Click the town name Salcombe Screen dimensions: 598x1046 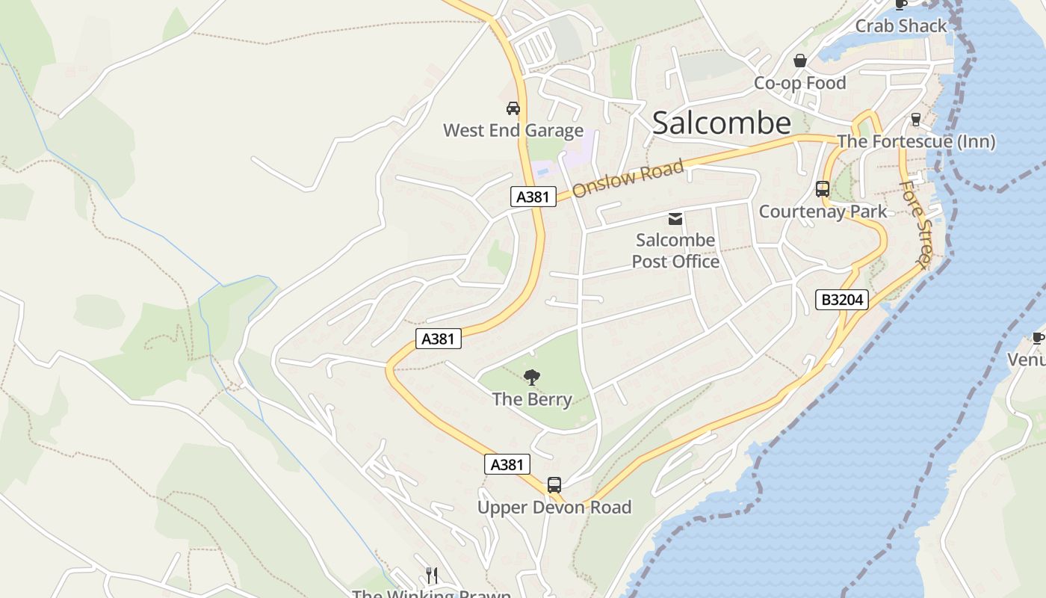pos(721,123)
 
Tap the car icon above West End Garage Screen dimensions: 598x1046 pos(513,108)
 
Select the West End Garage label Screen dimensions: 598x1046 pos(513,131)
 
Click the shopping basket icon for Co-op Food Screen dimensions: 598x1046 pos(800,61)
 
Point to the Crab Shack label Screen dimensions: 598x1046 pos(900,26)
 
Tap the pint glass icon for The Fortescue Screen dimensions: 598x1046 pos(915,120)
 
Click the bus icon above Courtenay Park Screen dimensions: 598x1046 pos(823,189)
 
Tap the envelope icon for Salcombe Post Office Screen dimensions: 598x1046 pos(675,219)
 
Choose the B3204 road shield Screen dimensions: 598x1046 pos(842,300)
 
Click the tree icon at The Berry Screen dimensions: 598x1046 pos(532,377)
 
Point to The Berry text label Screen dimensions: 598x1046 pos(532,399)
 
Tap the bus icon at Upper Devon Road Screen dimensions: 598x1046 pos(554,485)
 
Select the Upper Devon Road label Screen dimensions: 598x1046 pos(554,508)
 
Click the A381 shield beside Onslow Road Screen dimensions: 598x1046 pos(533,197)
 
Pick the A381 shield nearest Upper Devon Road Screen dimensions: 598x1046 pos(507,464)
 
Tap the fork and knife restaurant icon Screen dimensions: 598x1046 pos(431,575)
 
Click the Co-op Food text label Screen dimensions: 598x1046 pos(799,83)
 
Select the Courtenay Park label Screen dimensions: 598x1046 pos(823,212)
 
